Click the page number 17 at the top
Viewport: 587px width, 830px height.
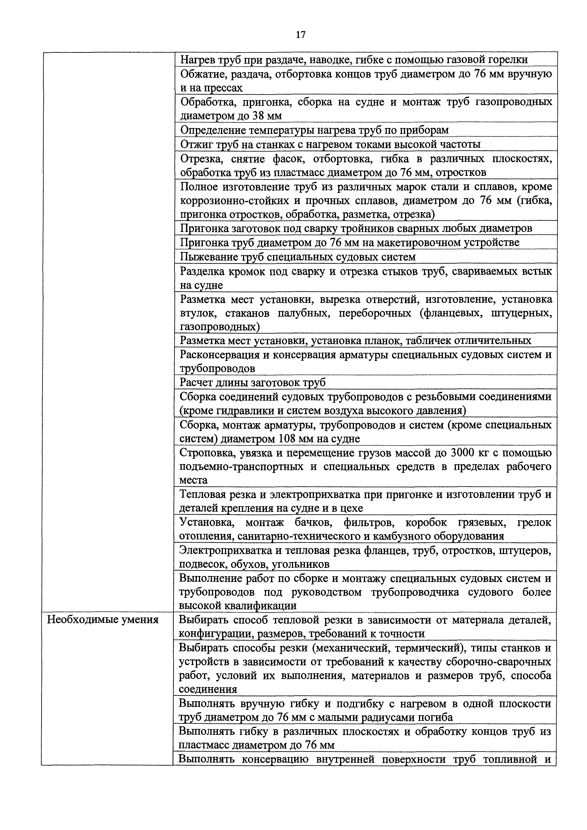point(300,35)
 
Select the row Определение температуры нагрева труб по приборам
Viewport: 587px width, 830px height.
point(314,130)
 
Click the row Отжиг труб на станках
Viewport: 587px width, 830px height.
point(330,144)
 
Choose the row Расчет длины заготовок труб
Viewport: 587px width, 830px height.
point(253,382)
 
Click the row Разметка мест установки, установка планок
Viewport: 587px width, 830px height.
point(355,341)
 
